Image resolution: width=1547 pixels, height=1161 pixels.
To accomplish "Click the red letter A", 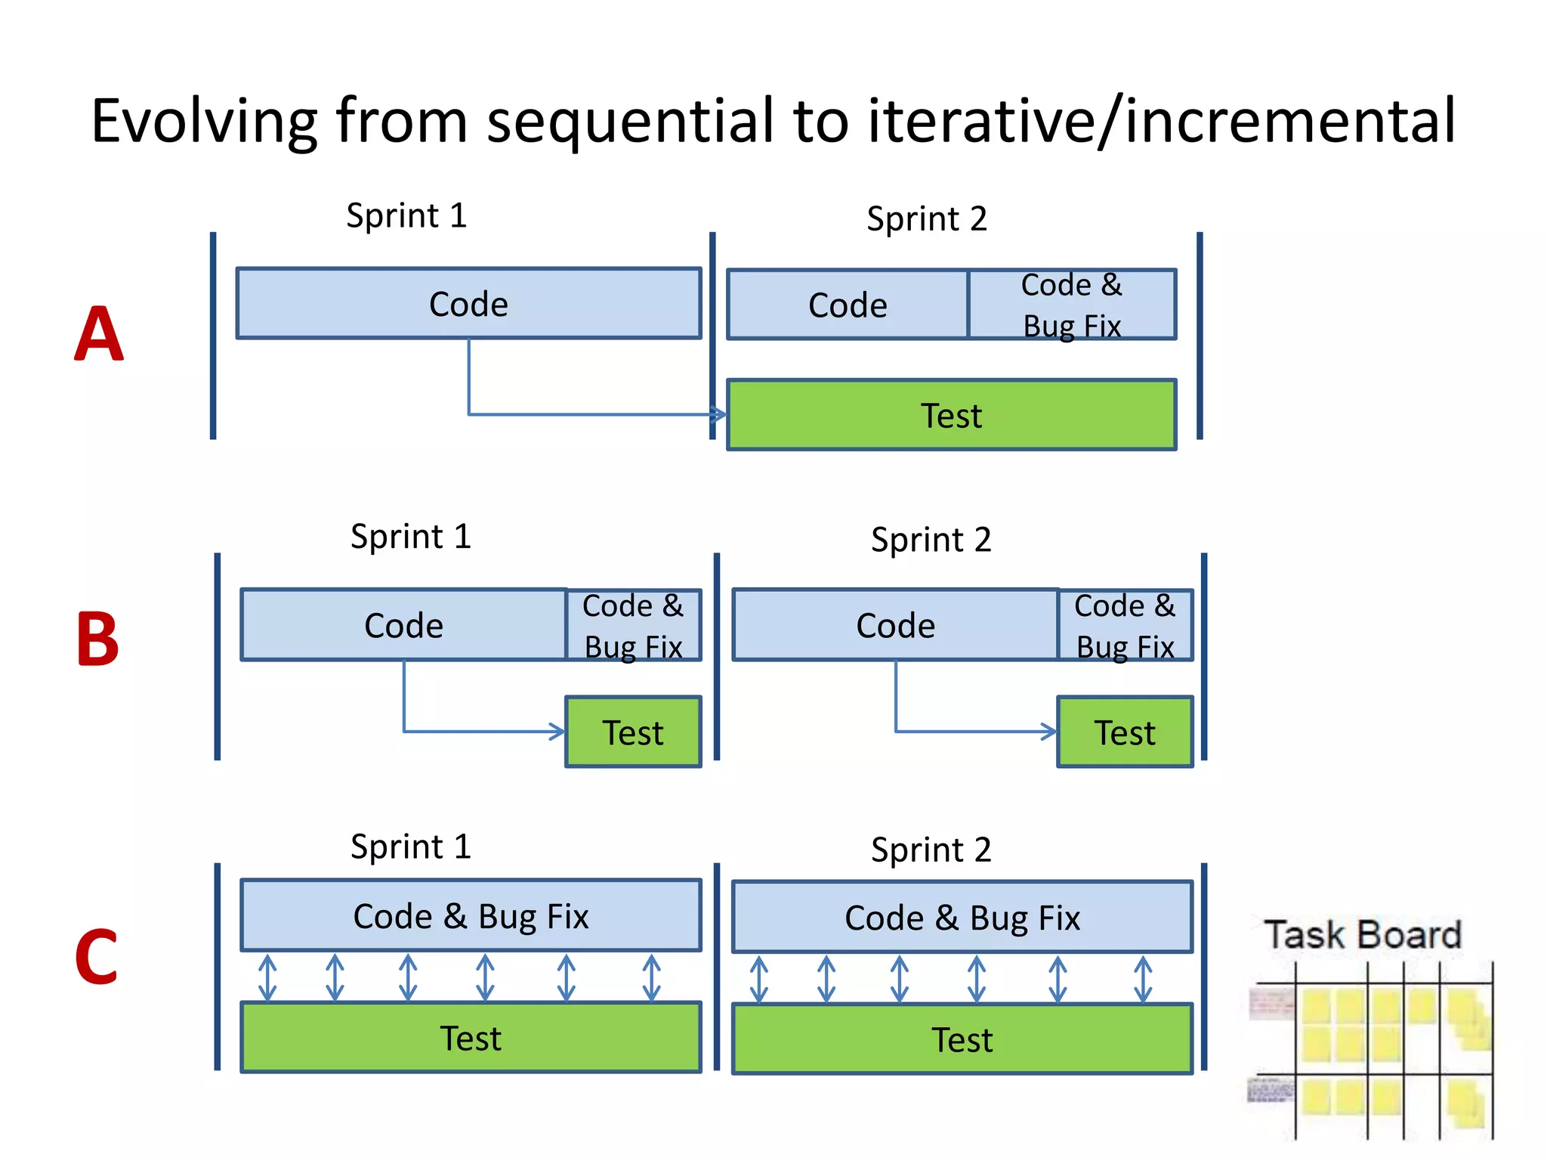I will click(x=99, y=334).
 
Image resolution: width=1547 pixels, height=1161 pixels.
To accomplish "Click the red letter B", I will click(x=97, y=639).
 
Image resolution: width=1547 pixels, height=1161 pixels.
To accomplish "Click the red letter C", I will click(x=97, y=958).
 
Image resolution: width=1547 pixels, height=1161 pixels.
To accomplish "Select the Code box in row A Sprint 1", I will click(x=468, y=304).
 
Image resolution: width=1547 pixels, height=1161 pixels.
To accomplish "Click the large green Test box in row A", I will click(x=951, y=415).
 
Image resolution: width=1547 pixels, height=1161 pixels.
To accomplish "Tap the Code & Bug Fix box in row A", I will click(x=1071, y=305).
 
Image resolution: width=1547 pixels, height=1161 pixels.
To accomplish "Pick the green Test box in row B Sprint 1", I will click(x=633, y=732).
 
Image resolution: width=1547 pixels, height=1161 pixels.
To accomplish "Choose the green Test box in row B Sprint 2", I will click(x=1125, y=732).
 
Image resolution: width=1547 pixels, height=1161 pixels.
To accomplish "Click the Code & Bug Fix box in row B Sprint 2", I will click(x=1125, y=626).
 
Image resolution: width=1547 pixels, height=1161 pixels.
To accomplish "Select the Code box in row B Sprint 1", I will click(x=403, y=626).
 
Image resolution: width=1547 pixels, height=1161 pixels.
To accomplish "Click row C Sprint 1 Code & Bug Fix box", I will click(x=471, y=915).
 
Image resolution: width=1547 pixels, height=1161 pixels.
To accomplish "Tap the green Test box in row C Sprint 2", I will click(x=962, y=1039).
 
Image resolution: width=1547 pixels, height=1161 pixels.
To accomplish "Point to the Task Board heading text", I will click(x=1363, y=935).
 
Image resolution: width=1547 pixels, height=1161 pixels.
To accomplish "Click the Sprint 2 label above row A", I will click(x=927, y=219).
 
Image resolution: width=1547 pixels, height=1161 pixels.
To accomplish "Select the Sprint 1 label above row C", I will click(x=411, y=847).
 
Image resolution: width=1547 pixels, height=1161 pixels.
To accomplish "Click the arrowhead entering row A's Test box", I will click(x=719, y=414).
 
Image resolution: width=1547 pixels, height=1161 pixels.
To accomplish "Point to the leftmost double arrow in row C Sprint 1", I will click(x=267, y=977).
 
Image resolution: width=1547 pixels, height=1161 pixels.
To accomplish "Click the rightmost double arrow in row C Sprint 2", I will click(x=1143, y=979).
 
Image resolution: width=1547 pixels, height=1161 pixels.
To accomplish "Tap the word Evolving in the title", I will click(x=204, y=121).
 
